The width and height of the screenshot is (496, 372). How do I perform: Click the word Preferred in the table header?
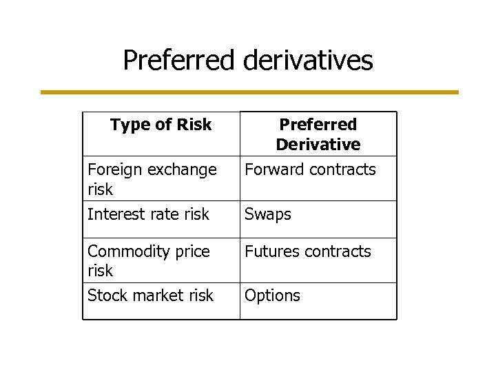318,125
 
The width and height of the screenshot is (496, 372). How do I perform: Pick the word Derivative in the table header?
318,144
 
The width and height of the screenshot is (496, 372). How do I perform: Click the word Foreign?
112,169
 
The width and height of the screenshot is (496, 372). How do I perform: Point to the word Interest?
114,214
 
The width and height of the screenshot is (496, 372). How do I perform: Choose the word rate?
161,214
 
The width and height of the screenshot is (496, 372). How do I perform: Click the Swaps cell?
268,215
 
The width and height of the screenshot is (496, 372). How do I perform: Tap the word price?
188,251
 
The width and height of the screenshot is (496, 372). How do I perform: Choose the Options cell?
273,296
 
